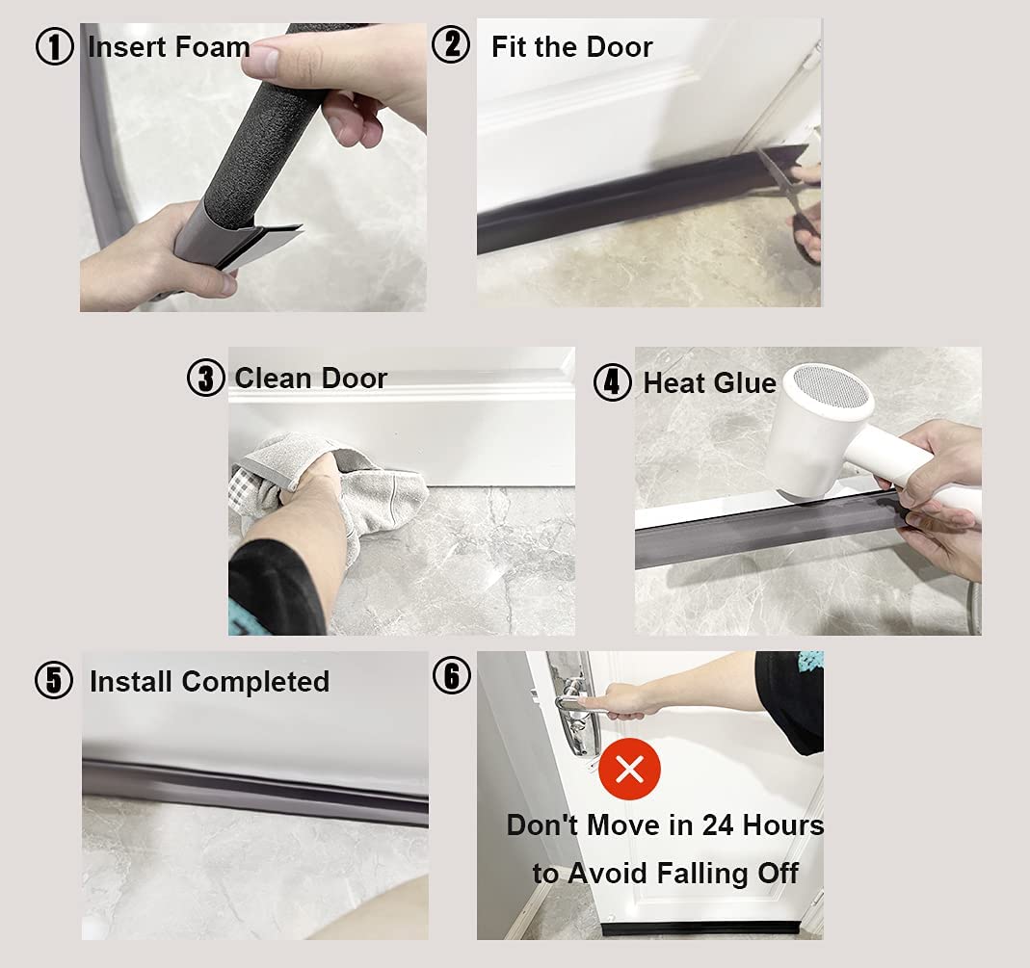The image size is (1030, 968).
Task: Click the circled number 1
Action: click(x=55, y=47)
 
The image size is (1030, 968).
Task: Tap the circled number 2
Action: click(x=451, y=45)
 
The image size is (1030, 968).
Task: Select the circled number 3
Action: click(x=205, y=379)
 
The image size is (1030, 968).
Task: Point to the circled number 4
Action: click(x=613, y=382)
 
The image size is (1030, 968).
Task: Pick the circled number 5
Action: click(x=54, y=681)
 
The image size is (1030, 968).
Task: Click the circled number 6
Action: click(x=451, y=676)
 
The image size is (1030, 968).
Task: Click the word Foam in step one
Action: click(x=213, y=46)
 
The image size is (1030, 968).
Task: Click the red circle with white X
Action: click(x=630, y=770)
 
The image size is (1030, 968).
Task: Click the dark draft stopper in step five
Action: click(x=255, y=789)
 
